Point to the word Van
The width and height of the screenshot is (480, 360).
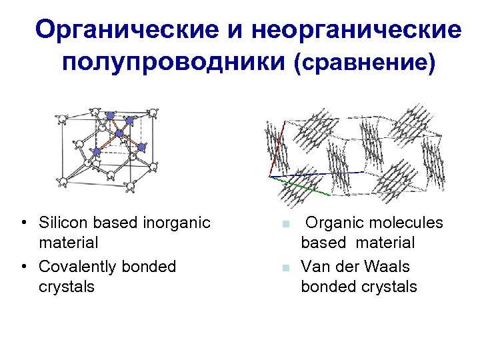coord(315,267)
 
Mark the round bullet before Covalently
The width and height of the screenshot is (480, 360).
coord(23,267)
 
